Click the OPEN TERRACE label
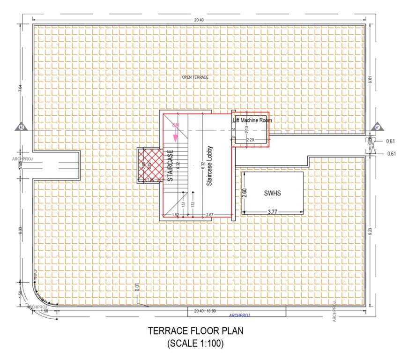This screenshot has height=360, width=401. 195,77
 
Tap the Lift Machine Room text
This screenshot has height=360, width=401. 252,120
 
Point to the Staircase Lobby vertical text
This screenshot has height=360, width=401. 210,165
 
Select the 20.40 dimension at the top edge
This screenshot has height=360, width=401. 199,20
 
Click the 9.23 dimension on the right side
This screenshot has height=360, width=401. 370,231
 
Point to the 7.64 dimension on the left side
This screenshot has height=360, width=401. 20,89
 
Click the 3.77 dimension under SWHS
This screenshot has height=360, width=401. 272,212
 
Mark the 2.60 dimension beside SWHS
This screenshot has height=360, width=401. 244,193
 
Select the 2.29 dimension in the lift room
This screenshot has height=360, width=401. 250,140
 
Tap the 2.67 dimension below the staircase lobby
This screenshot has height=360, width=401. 210,215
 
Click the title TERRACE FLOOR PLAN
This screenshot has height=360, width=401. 195,330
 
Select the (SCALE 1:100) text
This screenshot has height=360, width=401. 195,343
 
